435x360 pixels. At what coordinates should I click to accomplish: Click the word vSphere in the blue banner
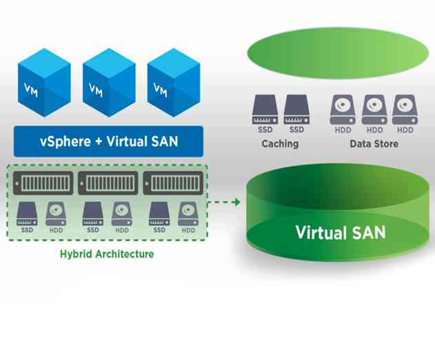point(63,142)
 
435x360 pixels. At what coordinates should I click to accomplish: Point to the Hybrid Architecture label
point(106,254)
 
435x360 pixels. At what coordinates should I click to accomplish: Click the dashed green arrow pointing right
point(225,202)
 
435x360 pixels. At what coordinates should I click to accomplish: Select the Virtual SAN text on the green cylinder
point(340,232)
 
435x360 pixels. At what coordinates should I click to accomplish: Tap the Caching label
point(280,144)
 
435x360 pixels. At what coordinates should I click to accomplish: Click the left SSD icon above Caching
point(265,110)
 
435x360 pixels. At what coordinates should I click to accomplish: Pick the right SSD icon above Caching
point(296,110)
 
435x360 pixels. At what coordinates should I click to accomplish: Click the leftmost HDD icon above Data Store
point(343,109)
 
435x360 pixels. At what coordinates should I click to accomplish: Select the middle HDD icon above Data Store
point(374,109)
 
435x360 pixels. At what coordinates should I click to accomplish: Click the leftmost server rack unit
point(42,183)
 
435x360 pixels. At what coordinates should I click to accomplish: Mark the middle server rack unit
point(107,183)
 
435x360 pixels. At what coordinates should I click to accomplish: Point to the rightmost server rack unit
point(172,183)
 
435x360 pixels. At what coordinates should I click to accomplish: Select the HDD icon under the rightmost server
point(187,212)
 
